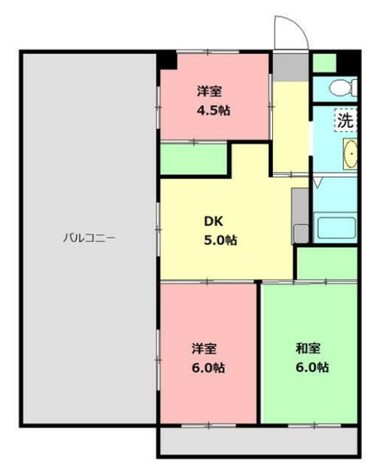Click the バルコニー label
(89, 238)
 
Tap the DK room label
(213, 222)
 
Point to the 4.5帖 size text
(213, 110)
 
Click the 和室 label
(308, 349)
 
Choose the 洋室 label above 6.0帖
(204, 349)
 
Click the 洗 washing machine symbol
(346, 120)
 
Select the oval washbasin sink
(350, 155)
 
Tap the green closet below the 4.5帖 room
(193, 159)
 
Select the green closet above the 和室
(327, 262)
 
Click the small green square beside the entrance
(324, 63)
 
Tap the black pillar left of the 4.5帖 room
(168, 60)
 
